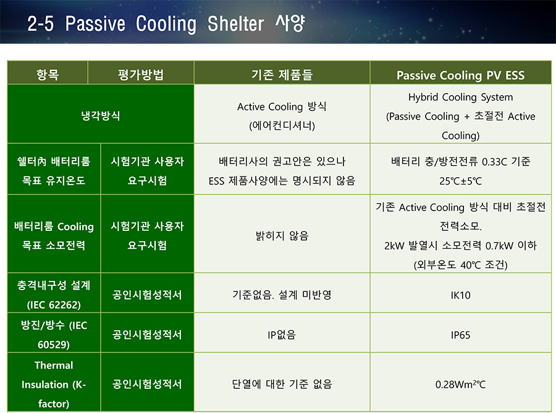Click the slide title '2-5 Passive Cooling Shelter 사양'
click(x=166, y=23)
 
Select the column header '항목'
click(x=48, y=74)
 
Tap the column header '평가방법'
click(x=141, y=74)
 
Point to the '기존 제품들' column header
click(x=282, y=74)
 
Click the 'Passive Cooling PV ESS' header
click(x=461, y=75)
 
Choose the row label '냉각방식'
click(x=101, y=115)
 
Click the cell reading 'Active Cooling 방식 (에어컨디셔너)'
click(x=282, y=116)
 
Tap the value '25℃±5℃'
click(x=461, y=181)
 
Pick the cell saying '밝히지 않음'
click(x=282, y=236)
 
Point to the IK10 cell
click(x=461, y=295)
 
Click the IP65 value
click(x=461, y=335)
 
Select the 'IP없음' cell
click(x=282, y=335)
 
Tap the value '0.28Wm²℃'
click(x=461, y=385)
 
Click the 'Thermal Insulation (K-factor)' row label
click(x=54, y=385)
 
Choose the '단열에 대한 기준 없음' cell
click(x=282, y=384)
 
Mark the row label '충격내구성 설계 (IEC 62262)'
click(x=54, y=294)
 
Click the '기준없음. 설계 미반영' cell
click(x=282, y=294)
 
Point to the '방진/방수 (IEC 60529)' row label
click(x=54, y=335)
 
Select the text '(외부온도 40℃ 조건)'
click(x=461, y=265)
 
